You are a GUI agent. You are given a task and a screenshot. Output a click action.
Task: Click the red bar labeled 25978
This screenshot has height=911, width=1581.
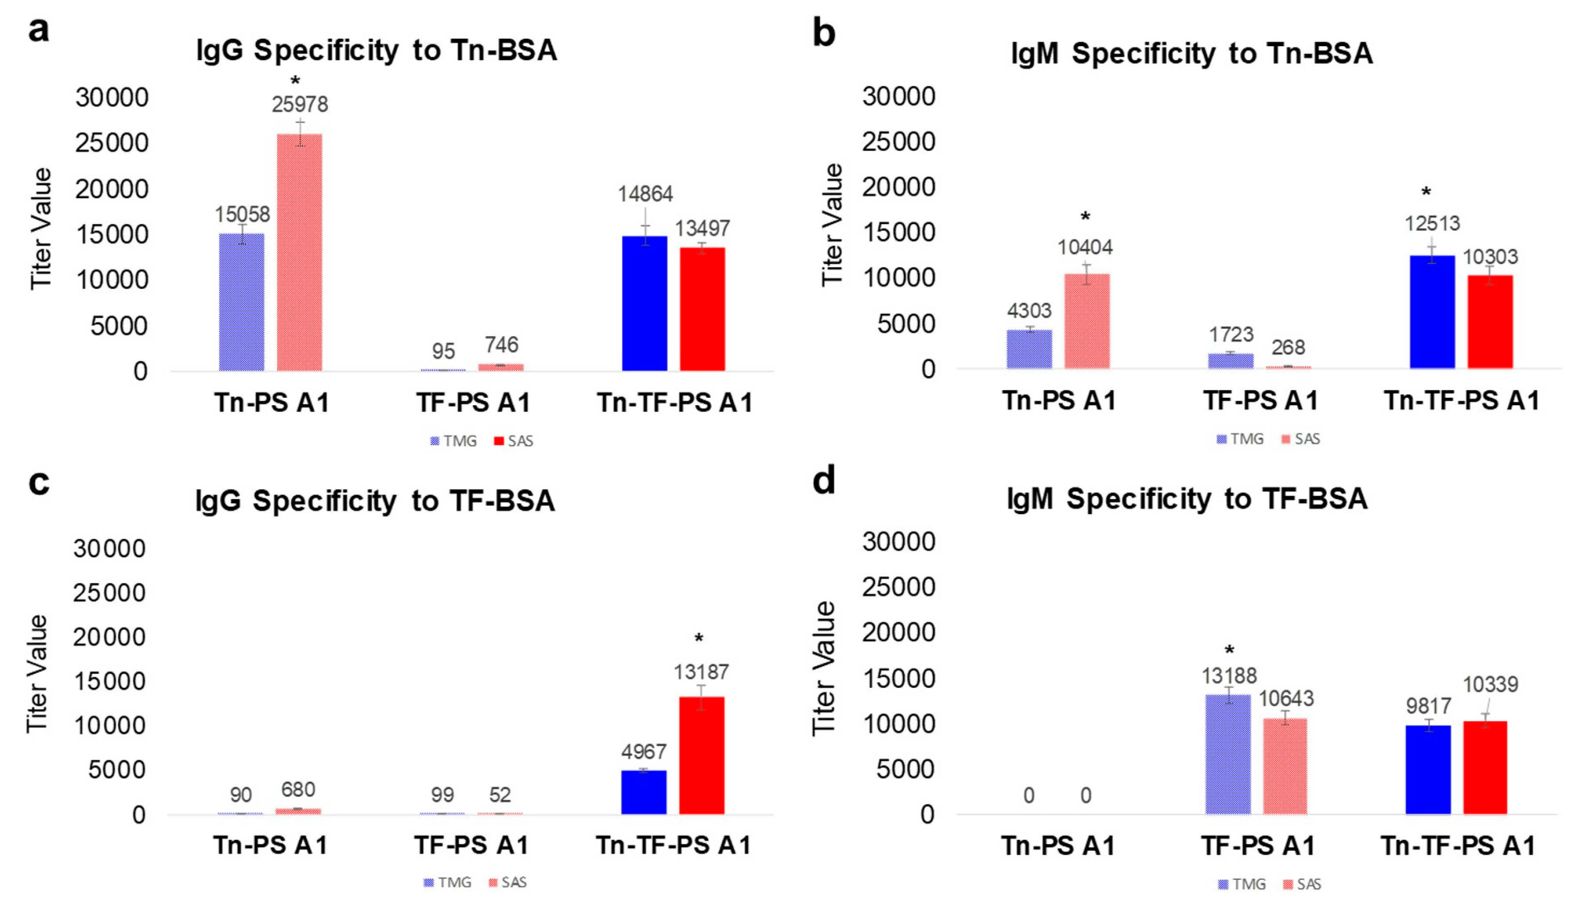[300, 252]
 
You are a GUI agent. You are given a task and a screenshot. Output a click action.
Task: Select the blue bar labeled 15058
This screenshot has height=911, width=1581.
[242, 302]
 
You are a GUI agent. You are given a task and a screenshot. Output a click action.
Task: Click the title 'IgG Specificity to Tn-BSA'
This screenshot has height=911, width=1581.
[377, 50]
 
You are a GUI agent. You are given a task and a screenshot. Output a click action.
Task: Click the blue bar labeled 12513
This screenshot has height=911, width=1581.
[1432, 312]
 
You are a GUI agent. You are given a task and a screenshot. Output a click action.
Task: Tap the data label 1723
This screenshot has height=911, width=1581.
[1231, 335]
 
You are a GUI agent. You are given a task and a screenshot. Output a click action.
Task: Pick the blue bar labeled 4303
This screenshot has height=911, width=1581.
[1029, 349]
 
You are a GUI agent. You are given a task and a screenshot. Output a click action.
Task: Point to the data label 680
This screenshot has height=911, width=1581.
[298, 790]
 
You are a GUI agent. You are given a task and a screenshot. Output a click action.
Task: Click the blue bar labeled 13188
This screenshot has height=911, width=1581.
[1228, 755]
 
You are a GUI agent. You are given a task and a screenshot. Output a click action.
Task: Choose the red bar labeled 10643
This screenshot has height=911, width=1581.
[1285, 766]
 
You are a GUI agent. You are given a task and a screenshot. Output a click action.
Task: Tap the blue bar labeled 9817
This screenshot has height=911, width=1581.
[1429, 770]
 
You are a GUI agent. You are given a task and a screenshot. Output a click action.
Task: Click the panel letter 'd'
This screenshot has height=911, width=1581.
[823, 480]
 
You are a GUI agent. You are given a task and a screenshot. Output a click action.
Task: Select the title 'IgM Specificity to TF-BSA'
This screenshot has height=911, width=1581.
[1187, 499]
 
